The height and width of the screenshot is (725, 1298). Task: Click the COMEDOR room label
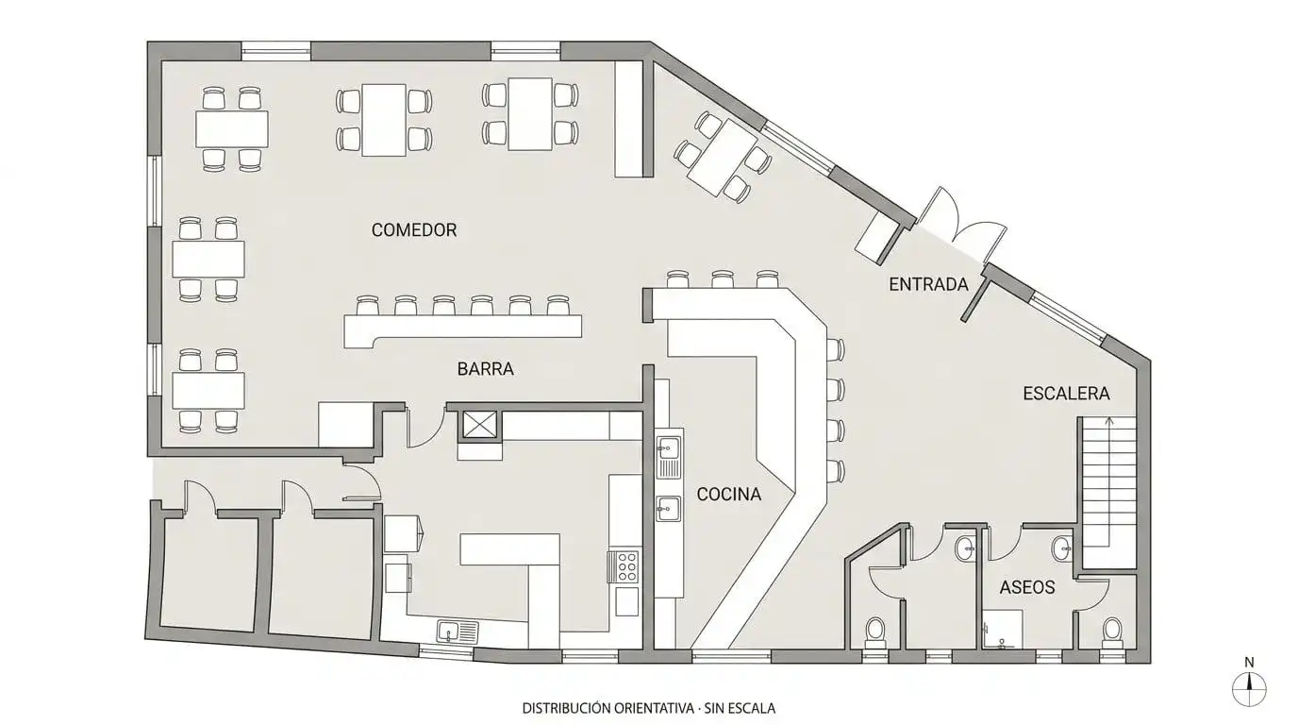414,230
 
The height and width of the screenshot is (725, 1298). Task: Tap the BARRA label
485,369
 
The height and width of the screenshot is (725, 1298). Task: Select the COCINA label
728,494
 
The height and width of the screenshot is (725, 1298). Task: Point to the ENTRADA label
928,284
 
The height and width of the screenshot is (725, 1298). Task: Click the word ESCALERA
1066,394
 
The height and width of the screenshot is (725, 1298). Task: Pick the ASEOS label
1027,587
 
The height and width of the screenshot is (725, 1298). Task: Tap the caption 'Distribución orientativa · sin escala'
648,708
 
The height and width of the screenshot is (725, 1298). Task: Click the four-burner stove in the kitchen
625,566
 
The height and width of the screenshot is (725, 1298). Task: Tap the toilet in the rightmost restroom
1112,632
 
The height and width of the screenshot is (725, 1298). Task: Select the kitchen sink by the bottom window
458,631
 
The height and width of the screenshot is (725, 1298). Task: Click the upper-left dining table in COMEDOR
232,128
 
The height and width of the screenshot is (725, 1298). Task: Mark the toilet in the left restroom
874,632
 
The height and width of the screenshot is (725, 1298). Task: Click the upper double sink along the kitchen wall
670,458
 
